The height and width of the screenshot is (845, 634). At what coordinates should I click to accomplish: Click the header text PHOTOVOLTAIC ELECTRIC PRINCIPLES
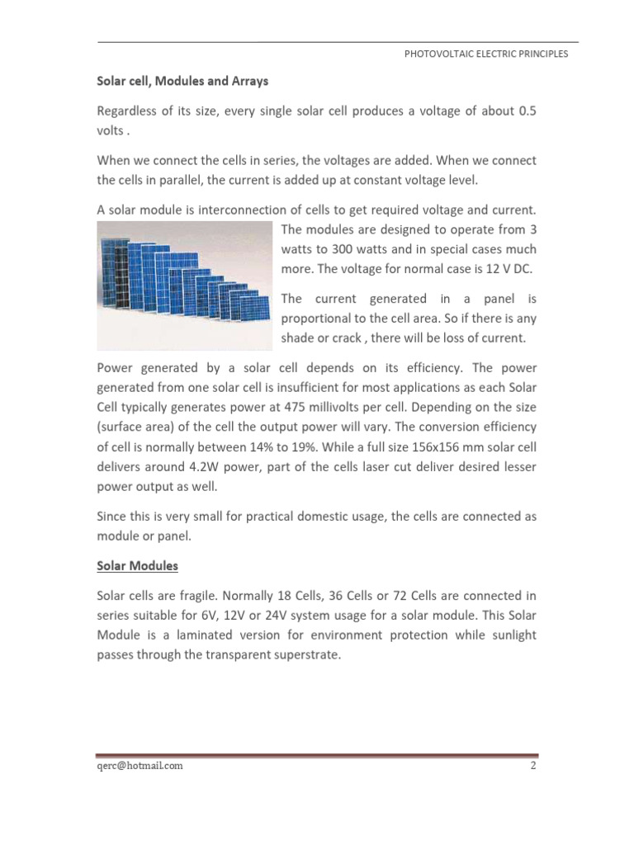coord(485,54)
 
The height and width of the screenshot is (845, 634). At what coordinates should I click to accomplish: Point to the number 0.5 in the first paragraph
coord(526,111)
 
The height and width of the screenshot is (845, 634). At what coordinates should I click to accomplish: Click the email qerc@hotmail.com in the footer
coord(140,765)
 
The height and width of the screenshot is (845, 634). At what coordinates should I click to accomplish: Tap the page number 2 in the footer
coord(533,765)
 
